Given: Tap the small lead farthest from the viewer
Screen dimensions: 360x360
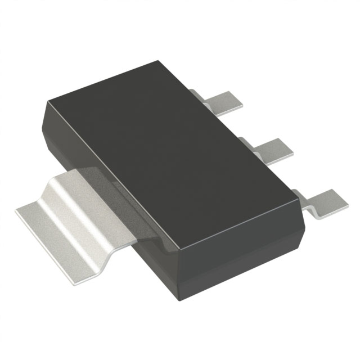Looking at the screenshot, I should [224, 101].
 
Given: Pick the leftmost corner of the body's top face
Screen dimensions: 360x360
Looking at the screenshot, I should [46, 101].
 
